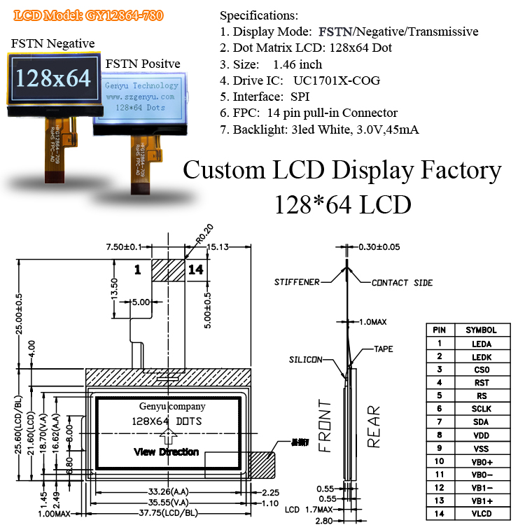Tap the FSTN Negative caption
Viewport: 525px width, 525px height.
[52, 43]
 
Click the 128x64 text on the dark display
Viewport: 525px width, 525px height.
[54, 78]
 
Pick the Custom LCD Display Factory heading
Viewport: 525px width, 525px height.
[342, 171]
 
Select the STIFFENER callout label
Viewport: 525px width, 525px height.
[296, 282]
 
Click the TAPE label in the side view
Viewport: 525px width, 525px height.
[383, 348]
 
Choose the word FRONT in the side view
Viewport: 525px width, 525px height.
[324, 426]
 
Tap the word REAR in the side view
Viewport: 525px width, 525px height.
[373, 426]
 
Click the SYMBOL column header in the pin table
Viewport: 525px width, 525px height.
[481, 330]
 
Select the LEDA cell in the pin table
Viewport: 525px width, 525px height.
[481, 343]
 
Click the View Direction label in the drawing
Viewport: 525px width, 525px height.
[166, 452]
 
